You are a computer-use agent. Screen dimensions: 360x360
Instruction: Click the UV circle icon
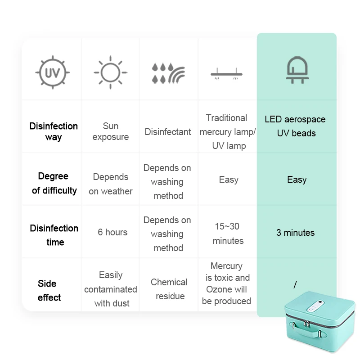[53, 72]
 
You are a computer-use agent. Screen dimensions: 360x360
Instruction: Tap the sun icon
[110, 72]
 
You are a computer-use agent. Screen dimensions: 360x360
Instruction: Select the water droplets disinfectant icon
[168, 73]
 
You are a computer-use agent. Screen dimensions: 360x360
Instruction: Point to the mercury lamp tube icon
[226, 73]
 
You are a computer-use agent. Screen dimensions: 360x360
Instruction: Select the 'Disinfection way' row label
[54, 131]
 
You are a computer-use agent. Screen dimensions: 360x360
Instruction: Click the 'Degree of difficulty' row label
[54, 183]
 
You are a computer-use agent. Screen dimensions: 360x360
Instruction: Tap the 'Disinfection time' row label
[54, 235]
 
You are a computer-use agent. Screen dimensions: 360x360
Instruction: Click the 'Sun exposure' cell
[110, 131]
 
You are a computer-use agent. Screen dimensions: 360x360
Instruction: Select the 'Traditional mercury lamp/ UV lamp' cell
[228, 132]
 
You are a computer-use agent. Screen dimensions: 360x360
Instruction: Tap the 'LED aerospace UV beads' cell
[295, 126]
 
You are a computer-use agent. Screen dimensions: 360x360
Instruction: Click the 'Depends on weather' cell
[111, 184]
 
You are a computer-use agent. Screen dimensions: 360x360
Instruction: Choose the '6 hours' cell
[112, 232]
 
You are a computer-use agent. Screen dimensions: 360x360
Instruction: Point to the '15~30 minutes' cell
[228, 234]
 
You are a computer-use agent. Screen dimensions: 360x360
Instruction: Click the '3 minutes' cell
[295, 233]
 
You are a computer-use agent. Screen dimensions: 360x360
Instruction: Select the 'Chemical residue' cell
[169, 289]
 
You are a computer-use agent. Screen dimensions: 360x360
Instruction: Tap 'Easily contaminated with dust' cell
[111, 289]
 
